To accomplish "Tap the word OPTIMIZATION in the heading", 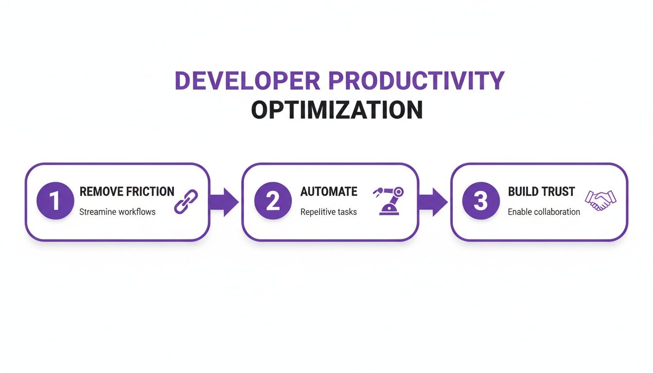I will [x=337, y=110].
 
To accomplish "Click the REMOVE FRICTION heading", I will [x=127, y=191].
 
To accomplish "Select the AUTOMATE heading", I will [x=328, y=191].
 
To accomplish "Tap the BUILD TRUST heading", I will [x=541, y=191].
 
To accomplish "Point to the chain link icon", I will [x=186, y=202].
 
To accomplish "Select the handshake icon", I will [x=601, y=200].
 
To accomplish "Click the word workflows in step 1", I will [x=137, y=212].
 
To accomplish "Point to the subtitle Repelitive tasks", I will [x=328, y=212].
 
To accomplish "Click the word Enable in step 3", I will [x=518, y=212].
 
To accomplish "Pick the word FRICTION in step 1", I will [x=150, y=191].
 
